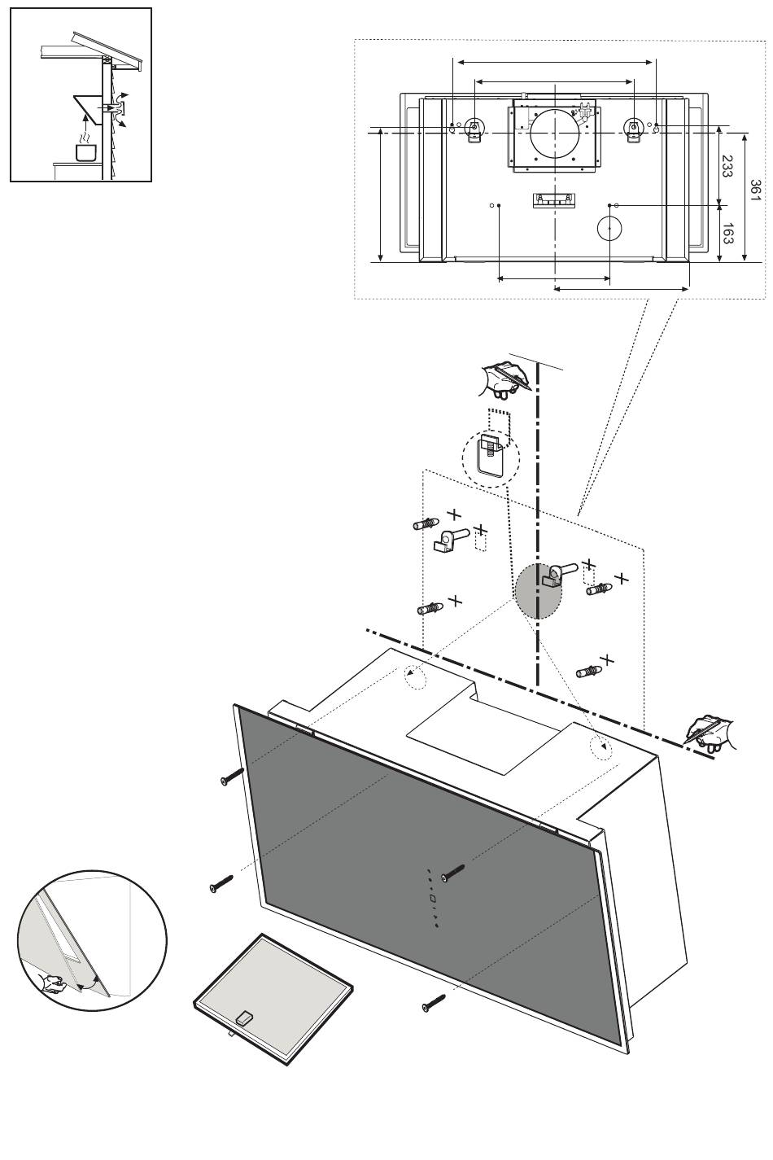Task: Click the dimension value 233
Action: [727, 166]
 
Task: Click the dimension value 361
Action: [755, 190]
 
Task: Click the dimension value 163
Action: [727, 234]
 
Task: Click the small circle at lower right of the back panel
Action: [610, 227]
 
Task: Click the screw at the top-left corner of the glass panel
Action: [231, 775]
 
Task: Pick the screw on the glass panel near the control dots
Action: [452, 873]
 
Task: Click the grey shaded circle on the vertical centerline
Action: [538, 591]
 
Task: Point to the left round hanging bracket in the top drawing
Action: [474, 129]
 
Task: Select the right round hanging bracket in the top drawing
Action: [633, 129]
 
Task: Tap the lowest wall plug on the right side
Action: [589, 672]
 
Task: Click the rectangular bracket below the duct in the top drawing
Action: [553, 200]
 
